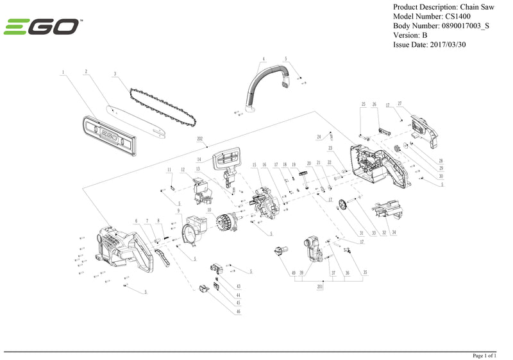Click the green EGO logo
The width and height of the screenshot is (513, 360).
click(42, 27)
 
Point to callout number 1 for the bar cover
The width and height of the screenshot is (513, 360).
click(63, 73)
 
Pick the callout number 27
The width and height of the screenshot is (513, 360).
click(399, 103)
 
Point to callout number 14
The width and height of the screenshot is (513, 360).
click(199, 159)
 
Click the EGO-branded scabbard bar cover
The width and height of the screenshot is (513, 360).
click(109, 136)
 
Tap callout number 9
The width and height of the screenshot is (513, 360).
click(179, 211)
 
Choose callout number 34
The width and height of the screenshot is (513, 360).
click(394, 232)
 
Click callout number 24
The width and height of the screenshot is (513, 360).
click(319, 137)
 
